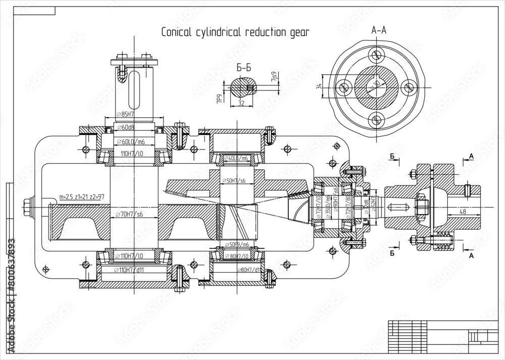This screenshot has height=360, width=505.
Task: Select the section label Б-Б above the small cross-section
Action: click(243, 66)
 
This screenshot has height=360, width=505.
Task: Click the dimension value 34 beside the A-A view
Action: click(319, 87)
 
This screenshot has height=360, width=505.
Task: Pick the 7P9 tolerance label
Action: click(219, 98)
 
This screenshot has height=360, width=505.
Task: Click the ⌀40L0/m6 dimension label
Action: click(236, 158)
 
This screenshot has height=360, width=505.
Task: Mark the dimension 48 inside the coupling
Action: click(463, 212)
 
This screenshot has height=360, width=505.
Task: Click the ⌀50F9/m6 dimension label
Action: click(236, 244)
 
